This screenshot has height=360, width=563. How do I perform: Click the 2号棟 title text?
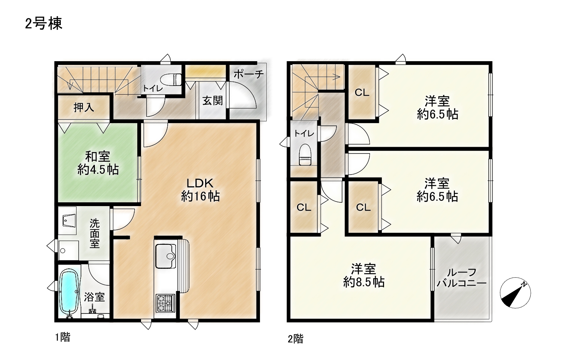(44, 24)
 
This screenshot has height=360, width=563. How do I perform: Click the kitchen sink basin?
(166, 256)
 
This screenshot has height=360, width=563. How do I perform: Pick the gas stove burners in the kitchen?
(165, 303)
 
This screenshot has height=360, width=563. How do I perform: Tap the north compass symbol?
(515, 293)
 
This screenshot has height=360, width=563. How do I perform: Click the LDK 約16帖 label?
(200, 190)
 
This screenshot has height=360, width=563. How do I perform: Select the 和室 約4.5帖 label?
(98, 163)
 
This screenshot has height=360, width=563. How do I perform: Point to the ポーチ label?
(249, 74)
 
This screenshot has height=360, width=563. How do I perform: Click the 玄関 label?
(213, 101)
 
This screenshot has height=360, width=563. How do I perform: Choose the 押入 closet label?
(84, 107)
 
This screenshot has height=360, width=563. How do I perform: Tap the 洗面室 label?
(95, 233)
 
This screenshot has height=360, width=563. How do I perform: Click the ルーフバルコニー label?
(462, 278)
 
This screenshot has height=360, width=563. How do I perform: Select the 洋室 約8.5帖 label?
(364, 276)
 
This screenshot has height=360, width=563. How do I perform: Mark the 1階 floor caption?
(63, 337)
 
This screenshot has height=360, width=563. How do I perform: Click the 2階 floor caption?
(296, 339)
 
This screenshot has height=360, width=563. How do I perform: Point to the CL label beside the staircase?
(362, 93)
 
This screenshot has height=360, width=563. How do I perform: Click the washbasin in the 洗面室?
(69, 221)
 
